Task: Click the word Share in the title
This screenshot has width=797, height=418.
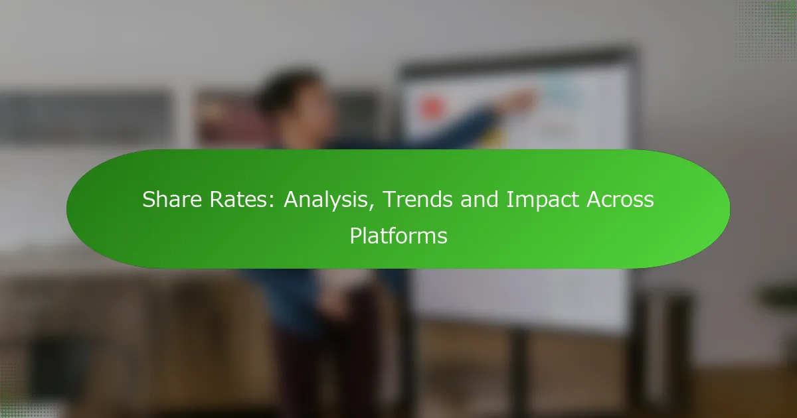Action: pos(172,200)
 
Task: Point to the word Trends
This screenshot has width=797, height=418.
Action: pos(418,200)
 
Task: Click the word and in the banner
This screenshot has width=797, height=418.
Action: pos(480,200)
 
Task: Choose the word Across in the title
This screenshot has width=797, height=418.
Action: pos(620,200)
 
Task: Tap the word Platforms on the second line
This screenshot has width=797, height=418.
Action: pos(398,236)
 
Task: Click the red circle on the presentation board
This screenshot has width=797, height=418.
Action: pos(431,107)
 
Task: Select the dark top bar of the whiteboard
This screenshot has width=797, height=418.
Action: pos(517,61)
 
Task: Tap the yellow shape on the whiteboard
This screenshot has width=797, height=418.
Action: pos(496,139)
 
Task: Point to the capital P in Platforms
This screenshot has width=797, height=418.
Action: pos(356,236)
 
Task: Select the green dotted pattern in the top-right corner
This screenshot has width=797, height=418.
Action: pos(766,31)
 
